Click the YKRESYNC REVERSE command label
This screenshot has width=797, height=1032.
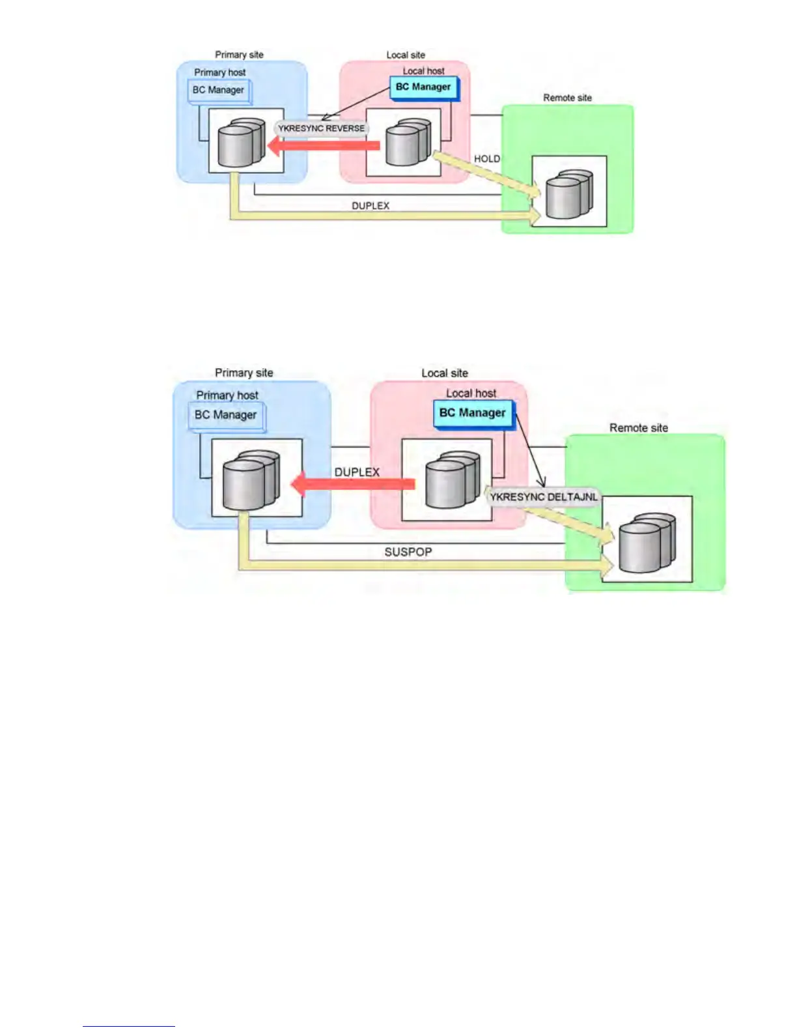(321, 128)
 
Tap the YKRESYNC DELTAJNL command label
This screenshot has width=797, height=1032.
(543, 497)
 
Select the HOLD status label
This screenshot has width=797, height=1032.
(486, 159)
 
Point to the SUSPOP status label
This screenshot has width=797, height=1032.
(408, 552)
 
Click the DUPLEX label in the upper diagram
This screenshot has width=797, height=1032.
(371, 206)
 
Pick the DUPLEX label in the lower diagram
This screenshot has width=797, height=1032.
(357, 472)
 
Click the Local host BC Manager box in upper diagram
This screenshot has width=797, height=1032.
(423, 87)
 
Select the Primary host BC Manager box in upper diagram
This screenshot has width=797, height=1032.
(218, 91)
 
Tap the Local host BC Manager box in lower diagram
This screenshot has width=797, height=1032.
(473, 413)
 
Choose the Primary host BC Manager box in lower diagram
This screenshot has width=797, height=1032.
(226, 415)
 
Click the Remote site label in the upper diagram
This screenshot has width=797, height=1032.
(567, 98)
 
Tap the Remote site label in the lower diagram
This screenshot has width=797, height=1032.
(638, 428)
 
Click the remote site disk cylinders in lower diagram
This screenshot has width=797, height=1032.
(647, 543)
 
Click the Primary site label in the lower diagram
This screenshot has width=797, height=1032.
(244, 373)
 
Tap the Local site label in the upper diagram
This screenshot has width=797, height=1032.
(405, 55)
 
